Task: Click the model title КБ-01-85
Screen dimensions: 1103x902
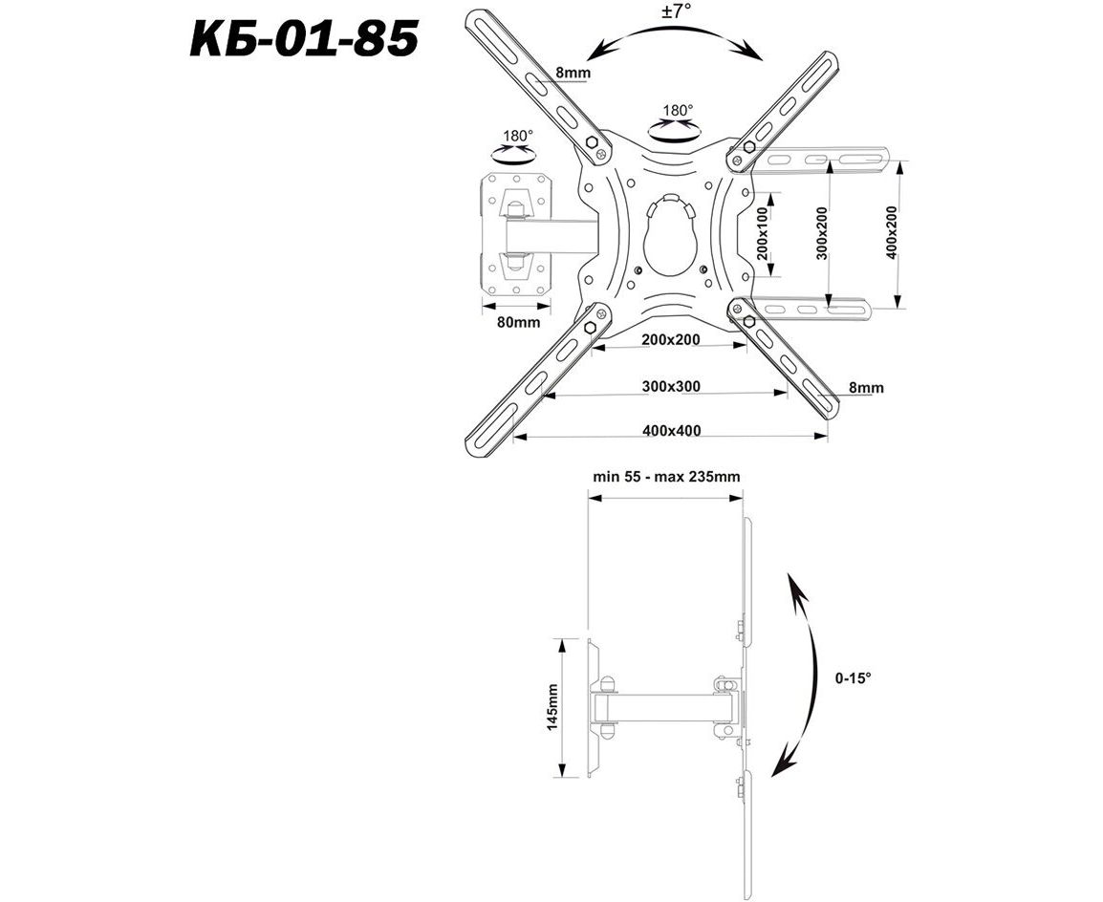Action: (304, 38)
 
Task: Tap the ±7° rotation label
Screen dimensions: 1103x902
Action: (676, 12)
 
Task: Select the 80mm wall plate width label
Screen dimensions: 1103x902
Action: (518, 323)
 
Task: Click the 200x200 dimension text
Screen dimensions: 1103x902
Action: (671, 339)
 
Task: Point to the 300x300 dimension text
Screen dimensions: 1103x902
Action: (671, 387)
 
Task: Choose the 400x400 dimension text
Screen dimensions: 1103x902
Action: (672, 430)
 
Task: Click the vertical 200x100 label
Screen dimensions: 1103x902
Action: (764, 234)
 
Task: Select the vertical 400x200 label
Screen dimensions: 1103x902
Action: (892, 233)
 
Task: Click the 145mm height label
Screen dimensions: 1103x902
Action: (552, 706)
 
